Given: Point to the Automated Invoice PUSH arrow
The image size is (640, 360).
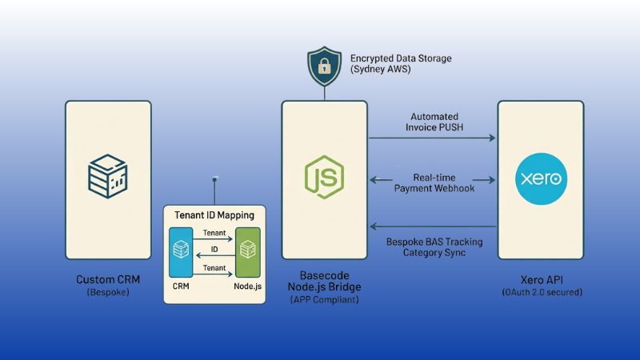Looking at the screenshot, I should coord(432,138).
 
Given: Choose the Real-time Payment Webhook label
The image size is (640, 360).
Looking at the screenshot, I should coord(434,182).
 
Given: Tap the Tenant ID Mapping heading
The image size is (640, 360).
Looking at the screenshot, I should coord(214,215).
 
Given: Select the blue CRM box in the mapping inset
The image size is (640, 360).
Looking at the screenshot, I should coord(182,252).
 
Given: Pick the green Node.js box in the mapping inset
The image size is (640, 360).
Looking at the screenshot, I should coord(248,252).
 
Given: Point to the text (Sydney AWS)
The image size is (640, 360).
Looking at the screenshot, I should coord(381,70).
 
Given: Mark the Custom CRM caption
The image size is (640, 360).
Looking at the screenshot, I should coord(108,280).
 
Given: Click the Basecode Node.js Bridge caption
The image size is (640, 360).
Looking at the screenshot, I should coord(324,280).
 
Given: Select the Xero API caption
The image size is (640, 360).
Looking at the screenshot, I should coord(541,280).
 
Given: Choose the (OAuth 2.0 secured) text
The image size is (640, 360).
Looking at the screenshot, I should coord(541,292).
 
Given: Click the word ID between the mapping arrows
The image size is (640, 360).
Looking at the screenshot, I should coord(214,250).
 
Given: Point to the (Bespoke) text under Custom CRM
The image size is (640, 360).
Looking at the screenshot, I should coord(108,292).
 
